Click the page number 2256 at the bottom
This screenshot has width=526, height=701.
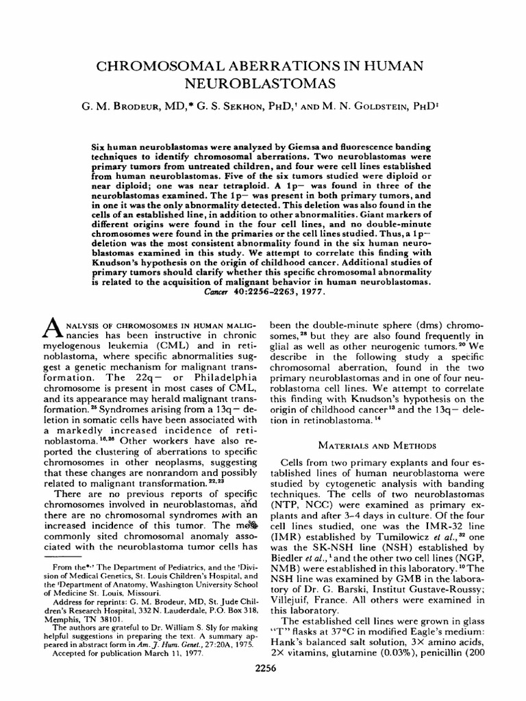(x=264, y=689)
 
